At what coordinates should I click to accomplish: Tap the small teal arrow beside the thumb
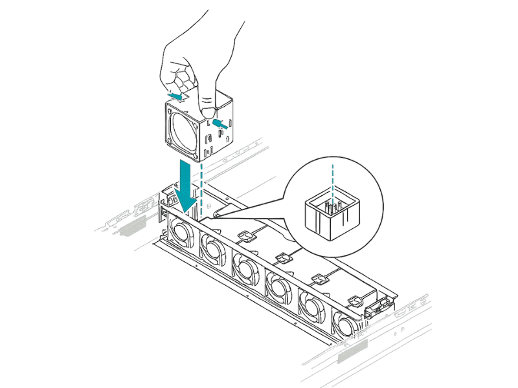[x=220, y=121]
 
